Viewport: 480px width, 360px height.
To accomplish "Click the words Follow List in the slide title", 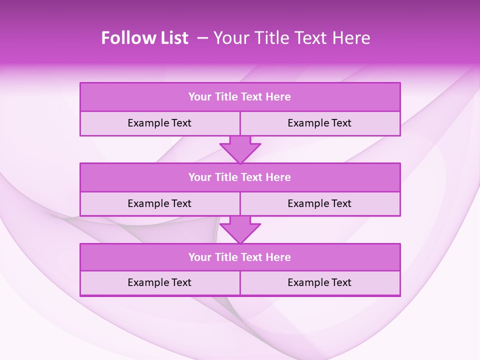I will point(145,38).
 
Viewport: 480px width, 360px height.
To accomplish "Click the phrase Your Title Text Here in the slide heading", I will point(292,38).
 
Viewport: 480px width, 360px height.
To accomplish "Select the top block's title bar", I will point(240,97).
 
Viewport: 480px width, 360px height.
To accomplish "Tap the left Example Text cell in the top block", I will point(159,123).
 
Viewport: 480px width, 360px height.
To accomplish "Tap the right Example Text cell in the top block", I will point(319,123).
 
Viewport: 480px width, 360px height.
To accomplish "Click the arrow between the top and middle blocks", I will point(240,149).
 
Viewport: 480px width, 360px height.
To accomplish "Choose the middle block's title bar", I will point(240,177).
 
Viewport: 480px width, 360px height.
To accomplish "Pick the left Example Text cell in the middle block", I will point(159,203).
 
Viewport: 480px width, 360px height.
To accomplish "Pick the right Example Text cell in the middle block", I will point(319,203).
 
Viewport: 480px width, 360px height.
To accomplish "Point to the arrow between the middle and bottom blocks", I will point(240,229).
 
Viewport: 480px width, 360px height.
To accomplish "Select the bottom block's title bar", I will point(240,257).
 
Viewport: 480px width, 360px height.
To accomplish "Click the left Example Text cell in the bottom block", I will point(159,282).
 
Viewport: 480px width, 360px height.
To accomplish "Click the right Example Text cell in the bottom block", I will point(319,282).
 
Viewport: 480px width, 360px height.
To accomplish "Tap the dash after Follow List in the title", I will point(203,38).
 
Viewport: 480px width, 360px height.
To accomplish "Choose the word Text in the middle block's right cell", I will point(340,203).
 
